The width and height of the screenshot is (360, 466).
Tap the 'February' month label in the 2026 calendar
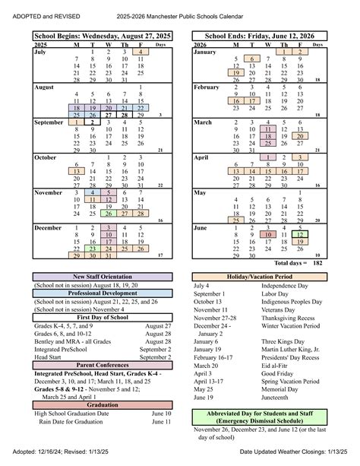[x=207, y=87]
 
